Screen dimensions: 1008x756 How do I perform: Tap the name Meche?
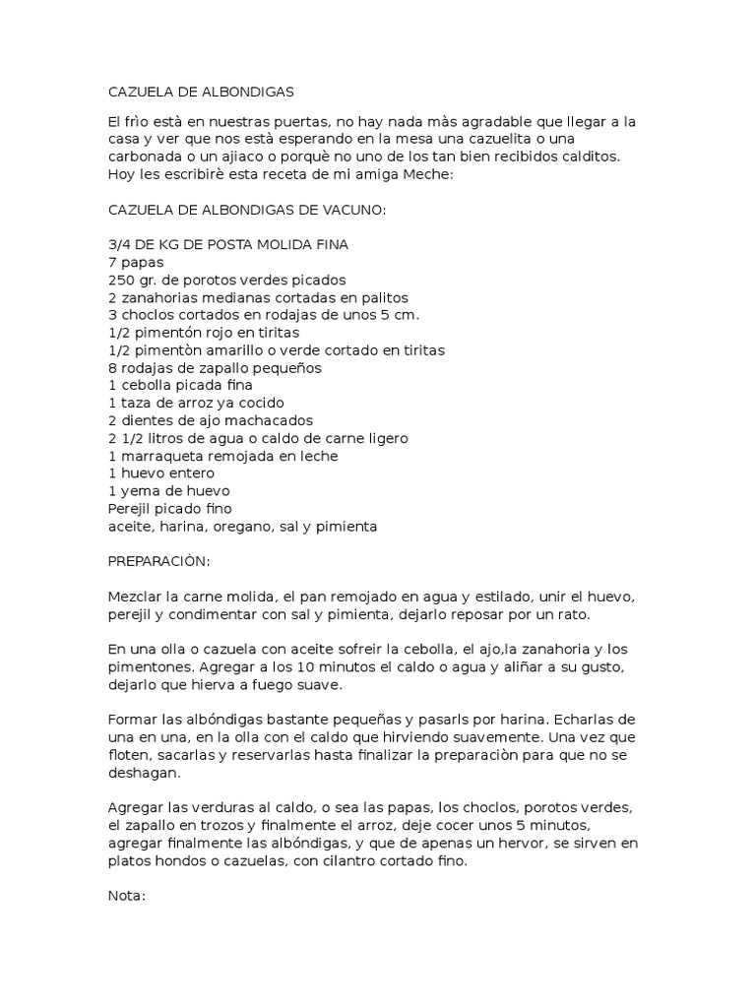[x=426, y=174]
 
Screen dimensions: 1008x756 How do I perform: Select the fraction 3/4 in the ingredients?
[x=117, y=244]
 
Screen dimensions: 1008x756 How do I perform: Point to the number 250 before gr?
[x=120, y=280]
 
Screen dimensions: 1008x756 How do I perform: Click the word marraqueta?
[x=157, y=456]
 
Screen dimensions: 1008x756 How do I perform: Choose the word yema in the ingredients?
[x=138, y=491]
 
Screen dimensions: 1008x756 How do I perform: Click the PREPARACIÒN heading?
[x=157, y=562]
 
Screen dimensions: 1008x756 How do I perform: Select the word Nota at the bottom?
[x=125, y=897]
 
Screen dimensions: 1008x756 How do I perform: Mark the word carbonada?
[x=145, y=157]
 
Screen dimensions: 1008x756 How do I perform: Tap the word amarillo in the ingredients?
[x=220, y=350]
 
